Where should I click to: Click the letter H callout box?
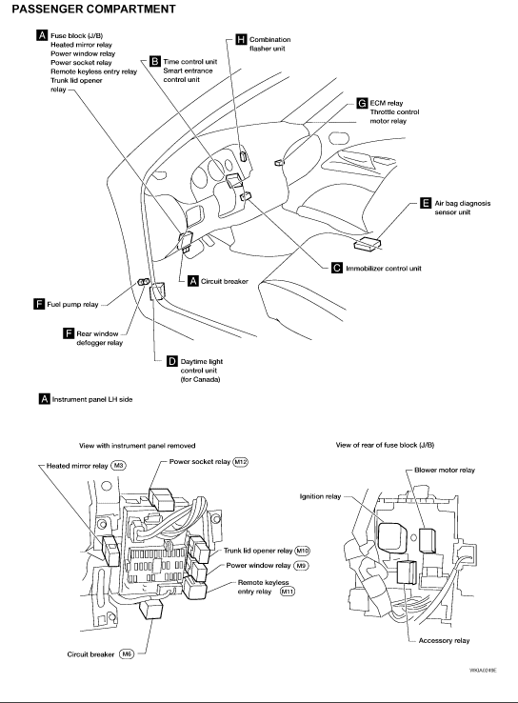241,39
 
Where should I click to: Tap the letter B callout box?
154,61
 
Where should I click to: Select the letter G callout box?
362,103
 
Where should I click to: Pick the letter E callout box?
426,203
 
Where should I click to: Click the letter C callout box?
337,268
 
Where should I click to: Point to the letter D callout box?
172,361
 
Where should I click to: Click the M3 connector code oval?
118,466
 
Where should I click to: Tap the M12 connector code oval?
240,461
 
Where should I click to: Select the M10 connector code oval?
303,551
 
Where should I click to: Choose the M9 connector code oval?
301,566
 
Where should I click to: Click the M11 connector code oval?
288,592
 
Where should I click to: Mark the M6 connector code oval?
127,654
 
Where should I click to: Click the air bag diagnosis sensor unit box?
368,244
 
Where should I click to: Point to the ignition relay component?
392,536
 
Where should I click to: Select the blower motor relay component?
427,540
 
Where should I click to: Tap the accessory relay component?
407,572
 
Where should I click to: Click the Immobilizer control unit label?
384,268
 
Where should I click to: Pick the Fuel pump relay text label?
72,305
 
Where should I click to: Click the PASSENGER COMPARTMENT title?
93,9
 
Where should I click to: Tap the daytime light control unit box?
157,291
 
